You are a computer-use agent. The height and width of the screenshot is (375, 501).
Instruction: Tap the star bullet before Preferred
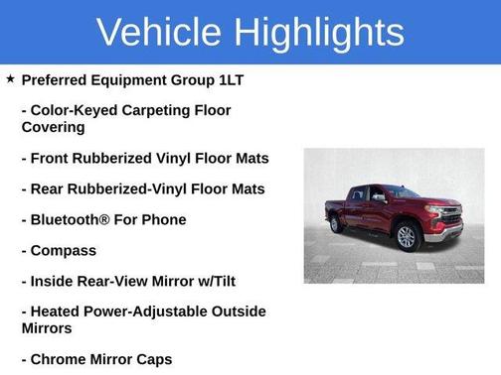coord(10,78)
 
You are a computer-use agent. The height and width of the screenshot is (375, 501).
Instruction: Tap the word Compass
coord(65,250)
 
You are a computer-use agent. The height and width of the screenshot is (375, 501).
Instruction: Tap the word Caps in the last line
coord(152,359)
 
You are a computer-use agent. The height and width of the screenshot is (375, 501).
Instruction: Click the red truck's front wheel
coord(406,236)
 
